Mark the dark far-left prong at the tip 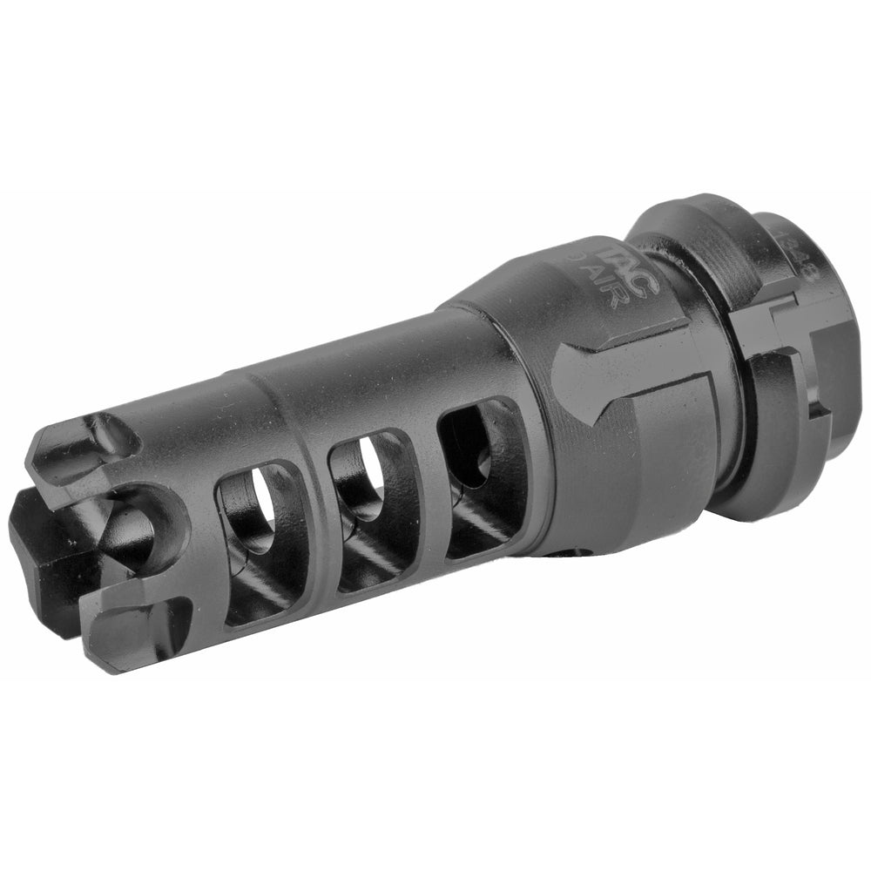(x=39, y=557)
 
